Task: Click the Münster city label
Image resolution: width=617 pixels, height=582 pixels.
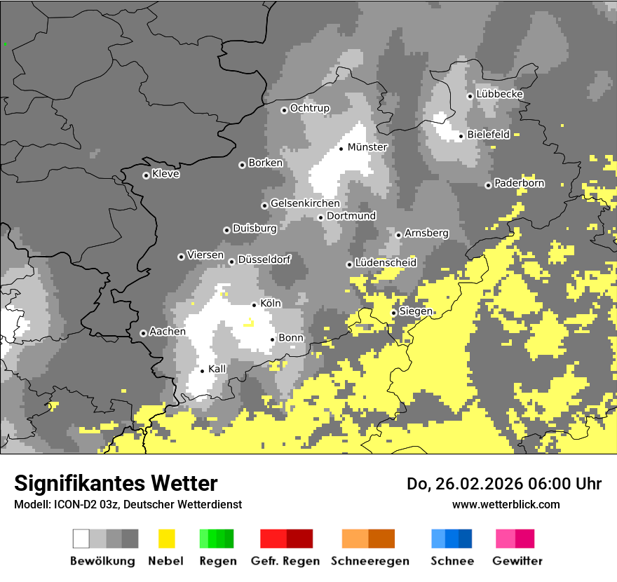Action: (367, 147)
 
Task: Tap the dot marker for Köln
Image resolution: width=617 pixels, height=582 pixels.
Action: (254, 305)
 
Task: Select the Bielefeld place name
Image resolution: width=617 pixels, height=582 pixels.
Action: (489, 135)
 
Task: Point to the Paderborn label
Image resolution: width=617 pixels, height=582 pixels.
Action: (520, 184)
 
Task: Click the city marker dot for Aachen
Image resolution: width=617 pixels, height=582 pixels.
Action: (143, 333)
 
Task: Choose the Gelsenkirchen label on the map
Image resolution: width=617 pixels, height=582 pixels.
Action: (305, 204)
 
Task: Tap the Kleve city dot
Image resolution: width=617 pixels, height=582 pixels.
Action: (146, 175)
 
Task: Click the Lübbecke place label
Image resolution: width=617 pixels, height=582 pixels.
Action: (500, 95)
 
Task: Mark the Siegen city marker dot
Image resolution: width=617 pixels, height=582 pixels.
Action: (393, 313)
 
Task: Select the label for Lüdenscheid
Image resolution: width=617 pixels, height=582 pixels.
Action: (386, 263)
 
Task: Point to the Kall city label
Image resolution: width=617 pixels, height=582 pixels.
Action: (217, 369)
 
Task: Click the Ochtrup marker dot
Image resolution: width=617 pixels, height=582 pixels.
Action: (284, 110)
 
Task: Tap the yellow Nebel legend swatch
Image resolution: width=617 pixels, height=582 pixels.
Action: (167, 539)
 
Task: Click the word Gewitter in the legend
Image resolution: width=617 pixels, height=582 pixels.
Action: (517, 561)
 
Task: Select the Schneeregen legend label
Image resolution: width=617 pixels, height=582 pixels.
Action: (370, 561)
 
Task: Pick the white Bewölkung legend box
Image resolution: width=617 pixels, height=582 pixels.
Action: (81, 539)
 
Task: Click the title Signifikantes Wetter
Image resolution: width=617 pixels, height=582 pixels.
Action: (116, 483)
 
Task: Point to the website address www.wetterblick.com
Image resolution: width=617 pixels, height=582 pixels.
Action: (506, 504)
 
